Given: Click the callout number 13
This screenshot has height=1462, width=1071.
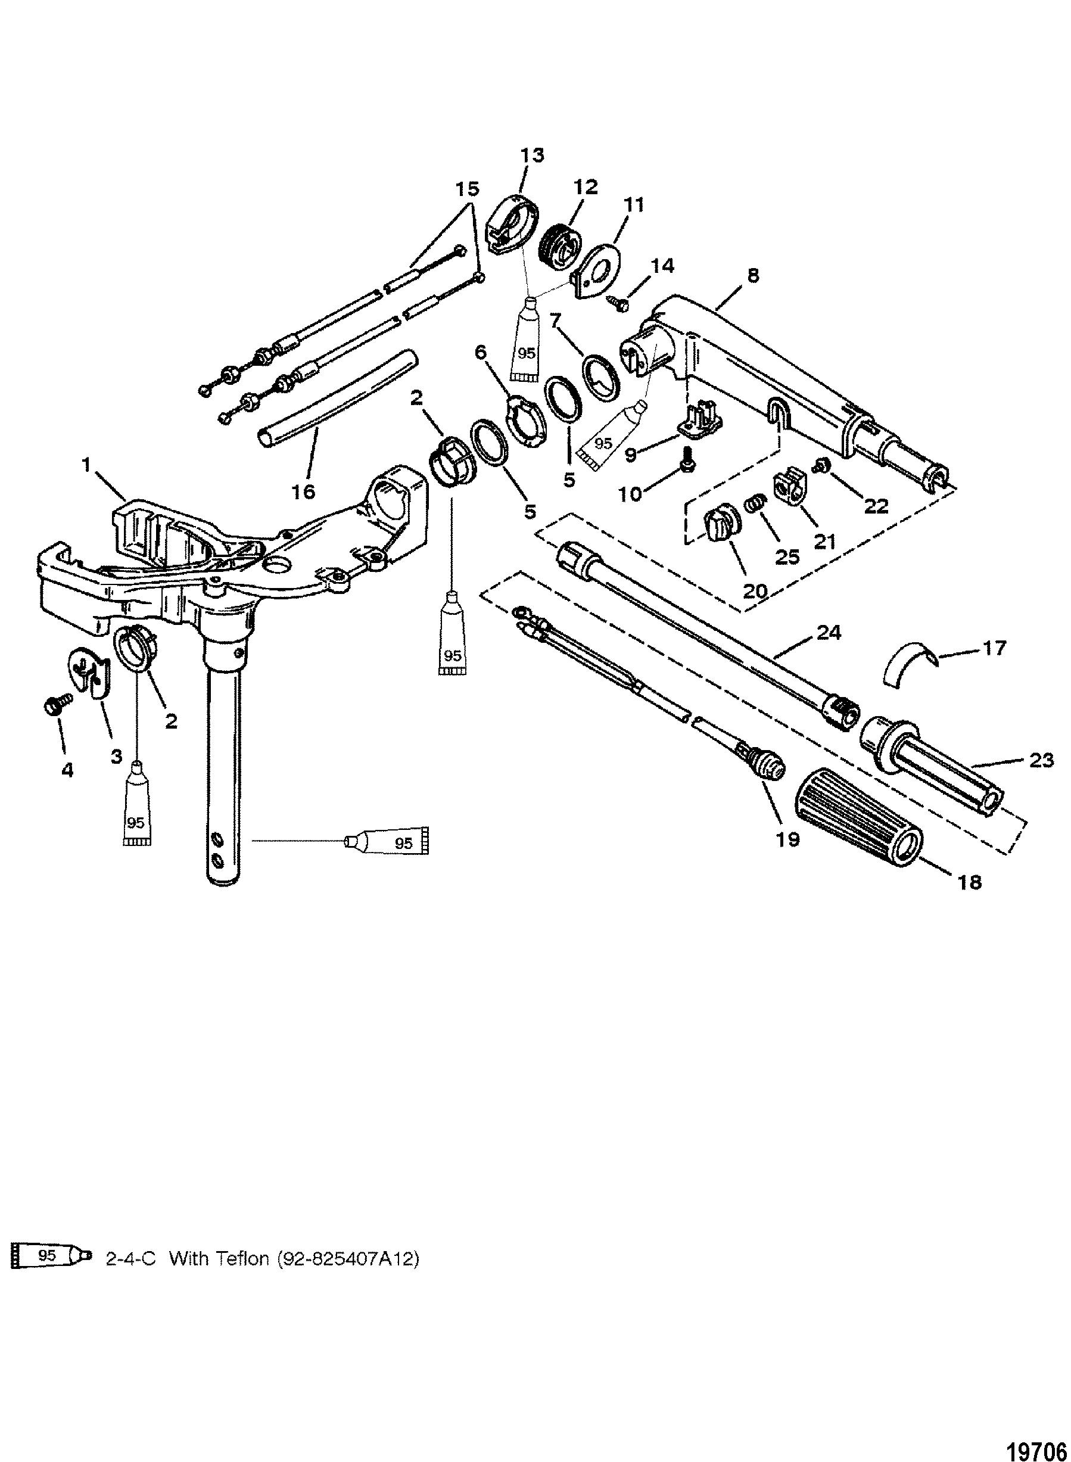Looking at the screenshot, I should click(x=533, y=155).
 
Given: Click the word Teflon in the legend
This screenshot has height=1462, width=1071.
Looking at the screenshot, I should click(x=242, y=1258).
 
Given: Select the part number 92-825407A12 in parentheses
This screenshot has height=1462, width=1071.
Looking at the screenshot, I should click(x=347, y=1258).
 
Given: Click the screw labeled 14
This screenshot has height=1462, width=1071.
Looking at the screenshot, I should click(x=618, y=301).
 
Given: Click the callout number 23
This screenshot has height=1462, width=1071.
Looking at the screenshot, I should click(x=1041, y=760).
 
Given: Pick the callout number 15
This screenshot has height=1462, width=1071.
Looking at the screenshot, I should click(x=467, y=189).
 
